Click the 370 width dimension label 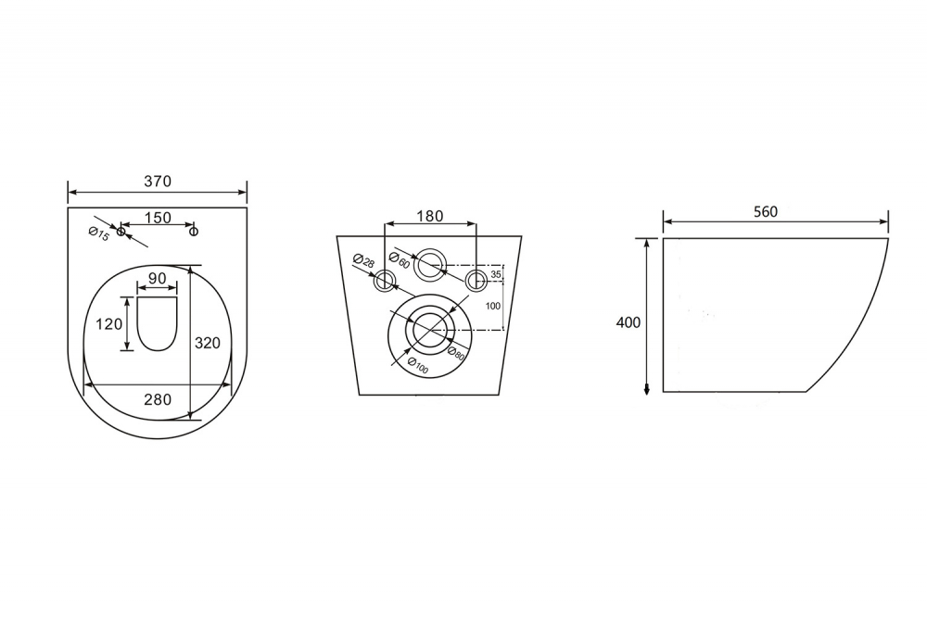(x=158, y=181)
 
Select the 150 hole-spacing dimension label (x=158, y=218)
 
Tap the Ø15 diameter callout (x=99, y=234)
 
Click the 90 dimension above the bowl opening (x=158, y=278)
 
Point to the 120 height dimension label (x=109, y=324)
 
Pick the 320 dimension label (x=208, y=343)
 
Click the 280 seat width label (x=158, y=399)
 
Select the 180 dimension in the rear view (x=430, y=216)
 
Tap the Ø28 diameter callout (x=363, y=260)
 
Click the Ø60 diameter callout (x=400, y=260)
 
